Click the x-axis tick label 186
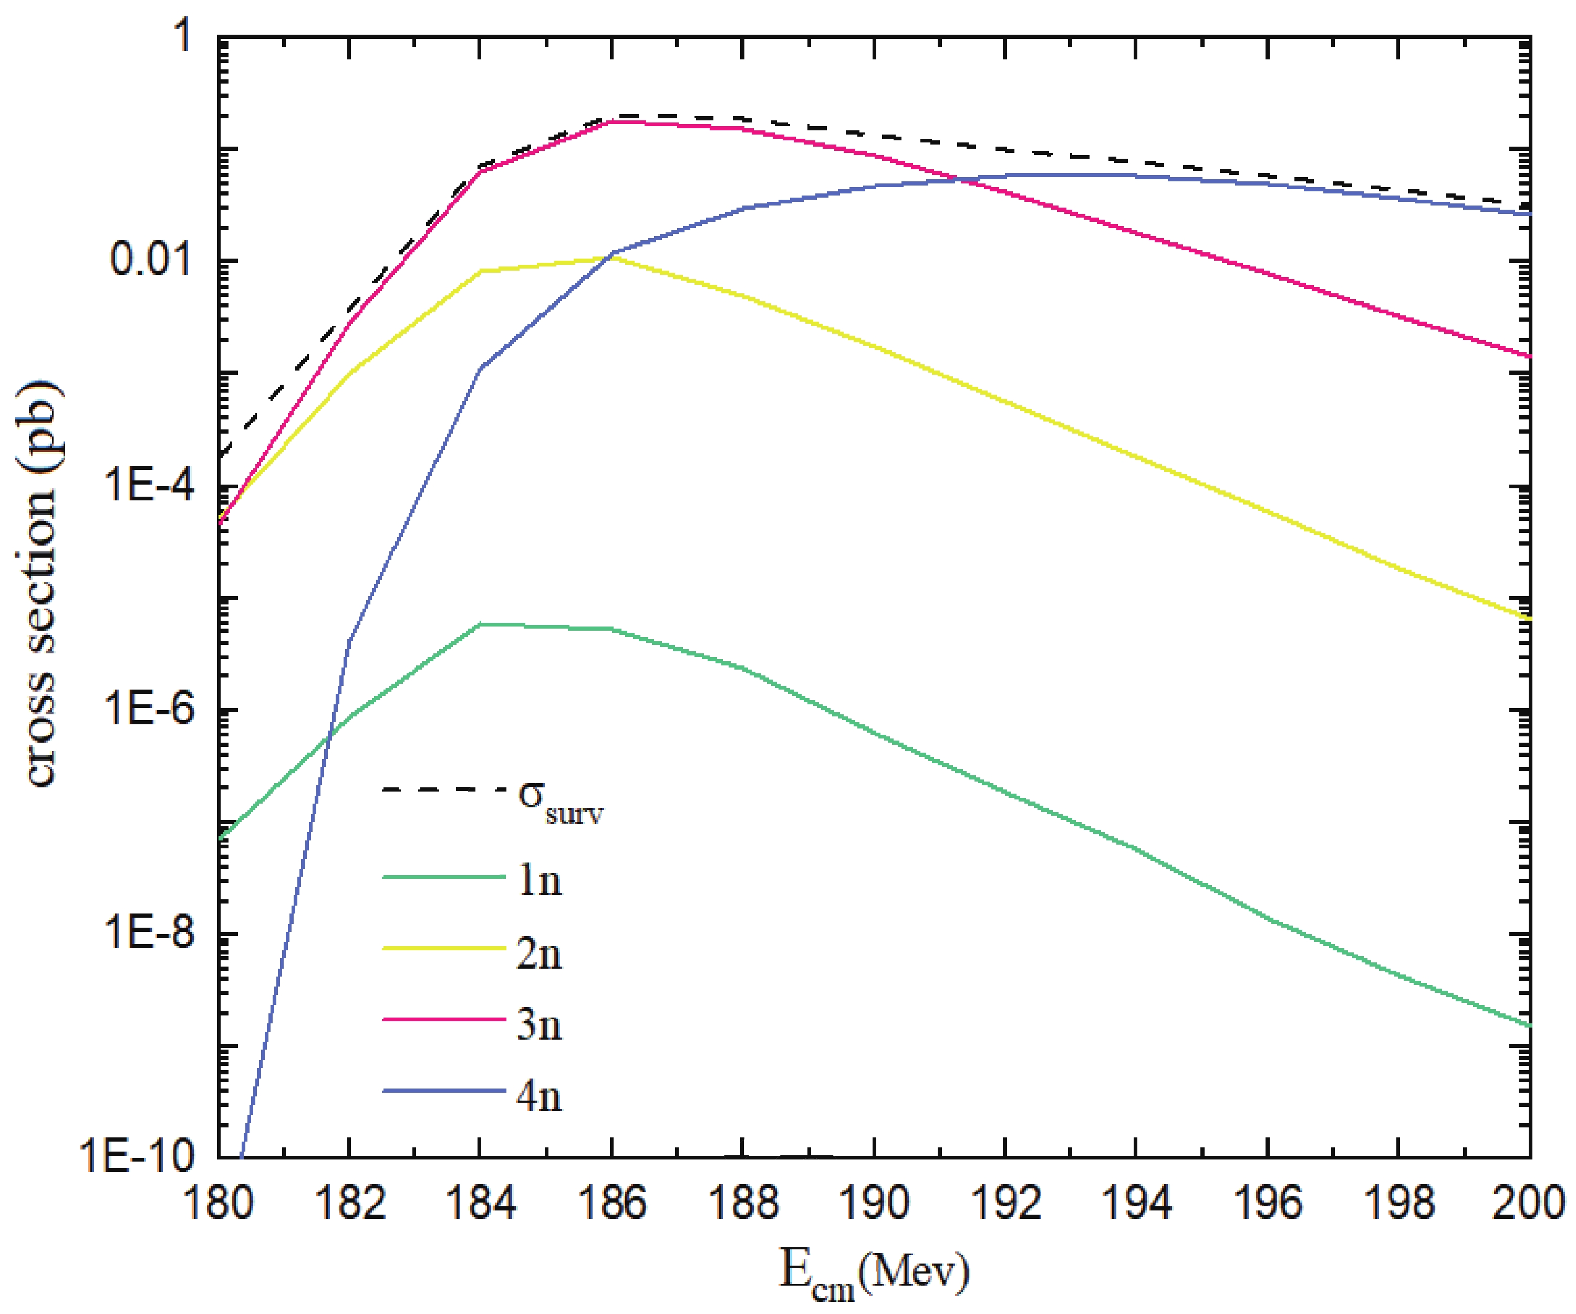click(x=611, y=1203)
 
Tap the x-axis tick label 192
click(x=1005, y=1203)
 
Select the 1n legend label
click(x=539, y=881)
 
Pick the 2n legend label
click(x=539, y=953)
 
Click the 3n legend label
click(x=539, y=1024)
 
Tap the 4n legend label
click(x=539, y=1096)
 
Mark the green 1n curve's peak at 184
click(x=480, y=624)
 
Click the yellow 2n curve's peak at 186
click(x=611, y=258)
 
